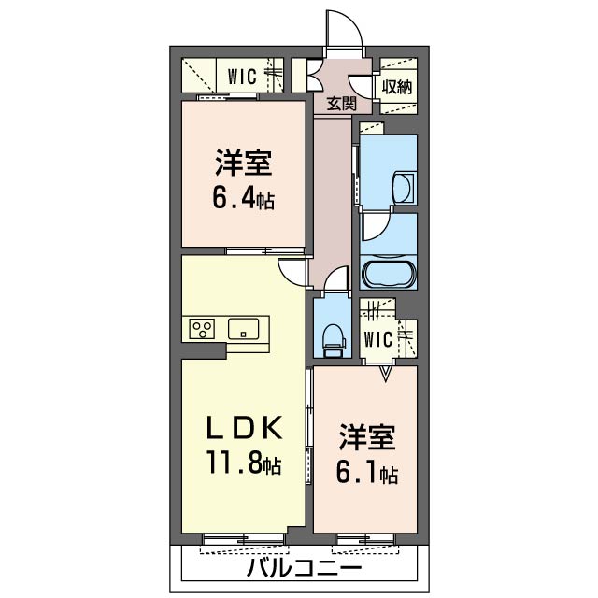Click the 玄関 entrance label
tap(341, 104)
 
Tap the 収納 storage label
tap(397, 87)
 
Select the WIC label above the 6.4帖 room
tap(242, 77)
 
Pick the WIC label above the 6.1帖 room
tap(377, 339)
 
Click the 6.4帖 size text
tap(243, 198)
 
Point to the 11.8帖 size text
tap(244, 462)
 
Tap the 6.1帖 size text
tap(367, 473)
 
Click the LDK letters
tap(244, 427)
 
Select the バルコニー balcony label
tap(304, 568)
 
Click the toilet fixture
tap(334, 339)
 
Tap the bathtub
tap(389, 273)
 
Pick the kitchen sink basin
tap(243, 329)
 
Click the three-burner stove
tap(202, 329)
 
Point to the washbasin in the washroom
tap(404, 188)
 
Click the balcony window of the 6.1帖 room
tap(365, 539)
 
